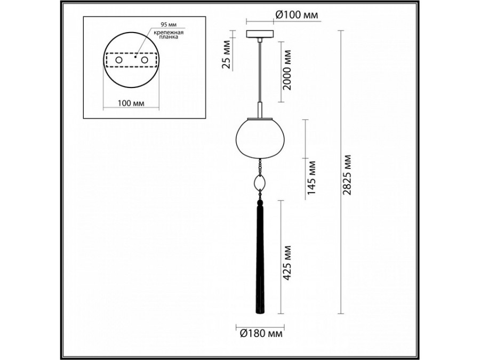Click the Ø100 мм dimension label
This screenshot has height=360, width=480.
(296, 15)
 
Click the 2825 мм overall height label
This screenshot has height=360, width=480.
(348, 176)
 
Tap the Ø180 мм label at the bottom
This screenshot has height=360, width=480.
(260, 334)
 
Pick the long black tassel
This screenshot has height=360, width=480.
(260, 261)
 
